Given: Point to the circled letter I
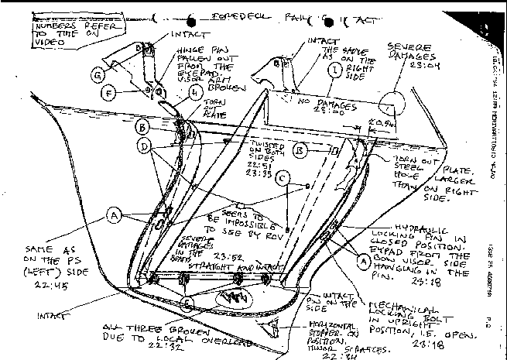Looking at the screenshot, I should click(334, 70).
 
